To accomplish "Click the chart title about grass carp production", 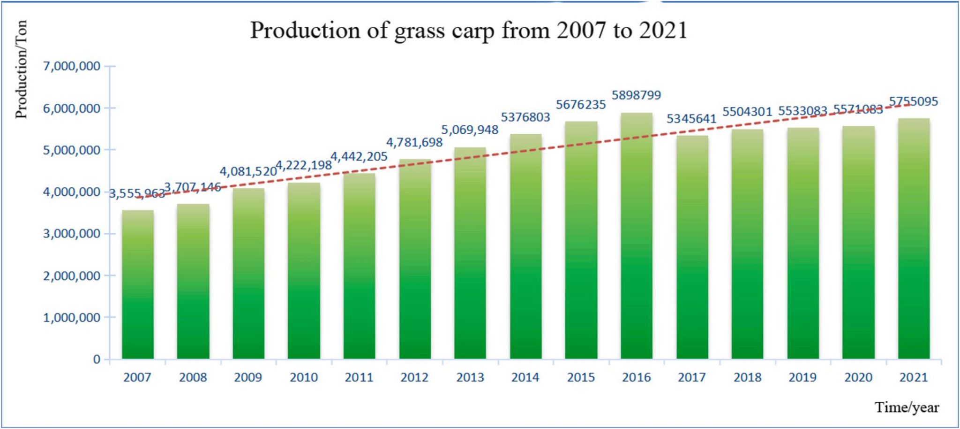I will click(468, 31).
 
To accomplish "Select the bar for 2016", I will click(636, 235).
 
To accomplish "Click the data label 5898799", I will click(636, 95).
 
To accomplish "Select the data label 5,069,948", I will click(470, 130).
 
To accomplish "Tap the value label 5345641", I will click(691, 119).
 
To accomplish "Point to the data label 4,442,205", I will click(360, 156).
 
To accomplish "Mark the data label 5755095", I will click(914, 101).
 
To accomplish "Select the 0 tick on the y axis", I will click(97, 360).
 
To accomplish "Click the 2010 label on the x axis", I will click(304, 377).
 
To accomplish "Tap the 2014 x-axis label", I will click(525, 377).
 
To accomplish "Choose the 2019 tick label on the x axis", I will click(802, 377).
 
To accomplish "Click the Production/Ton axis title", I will click(22, 69).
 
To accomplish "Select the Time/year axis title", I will click(907, 407).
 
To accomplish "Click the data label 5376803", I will click(525, 117).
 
